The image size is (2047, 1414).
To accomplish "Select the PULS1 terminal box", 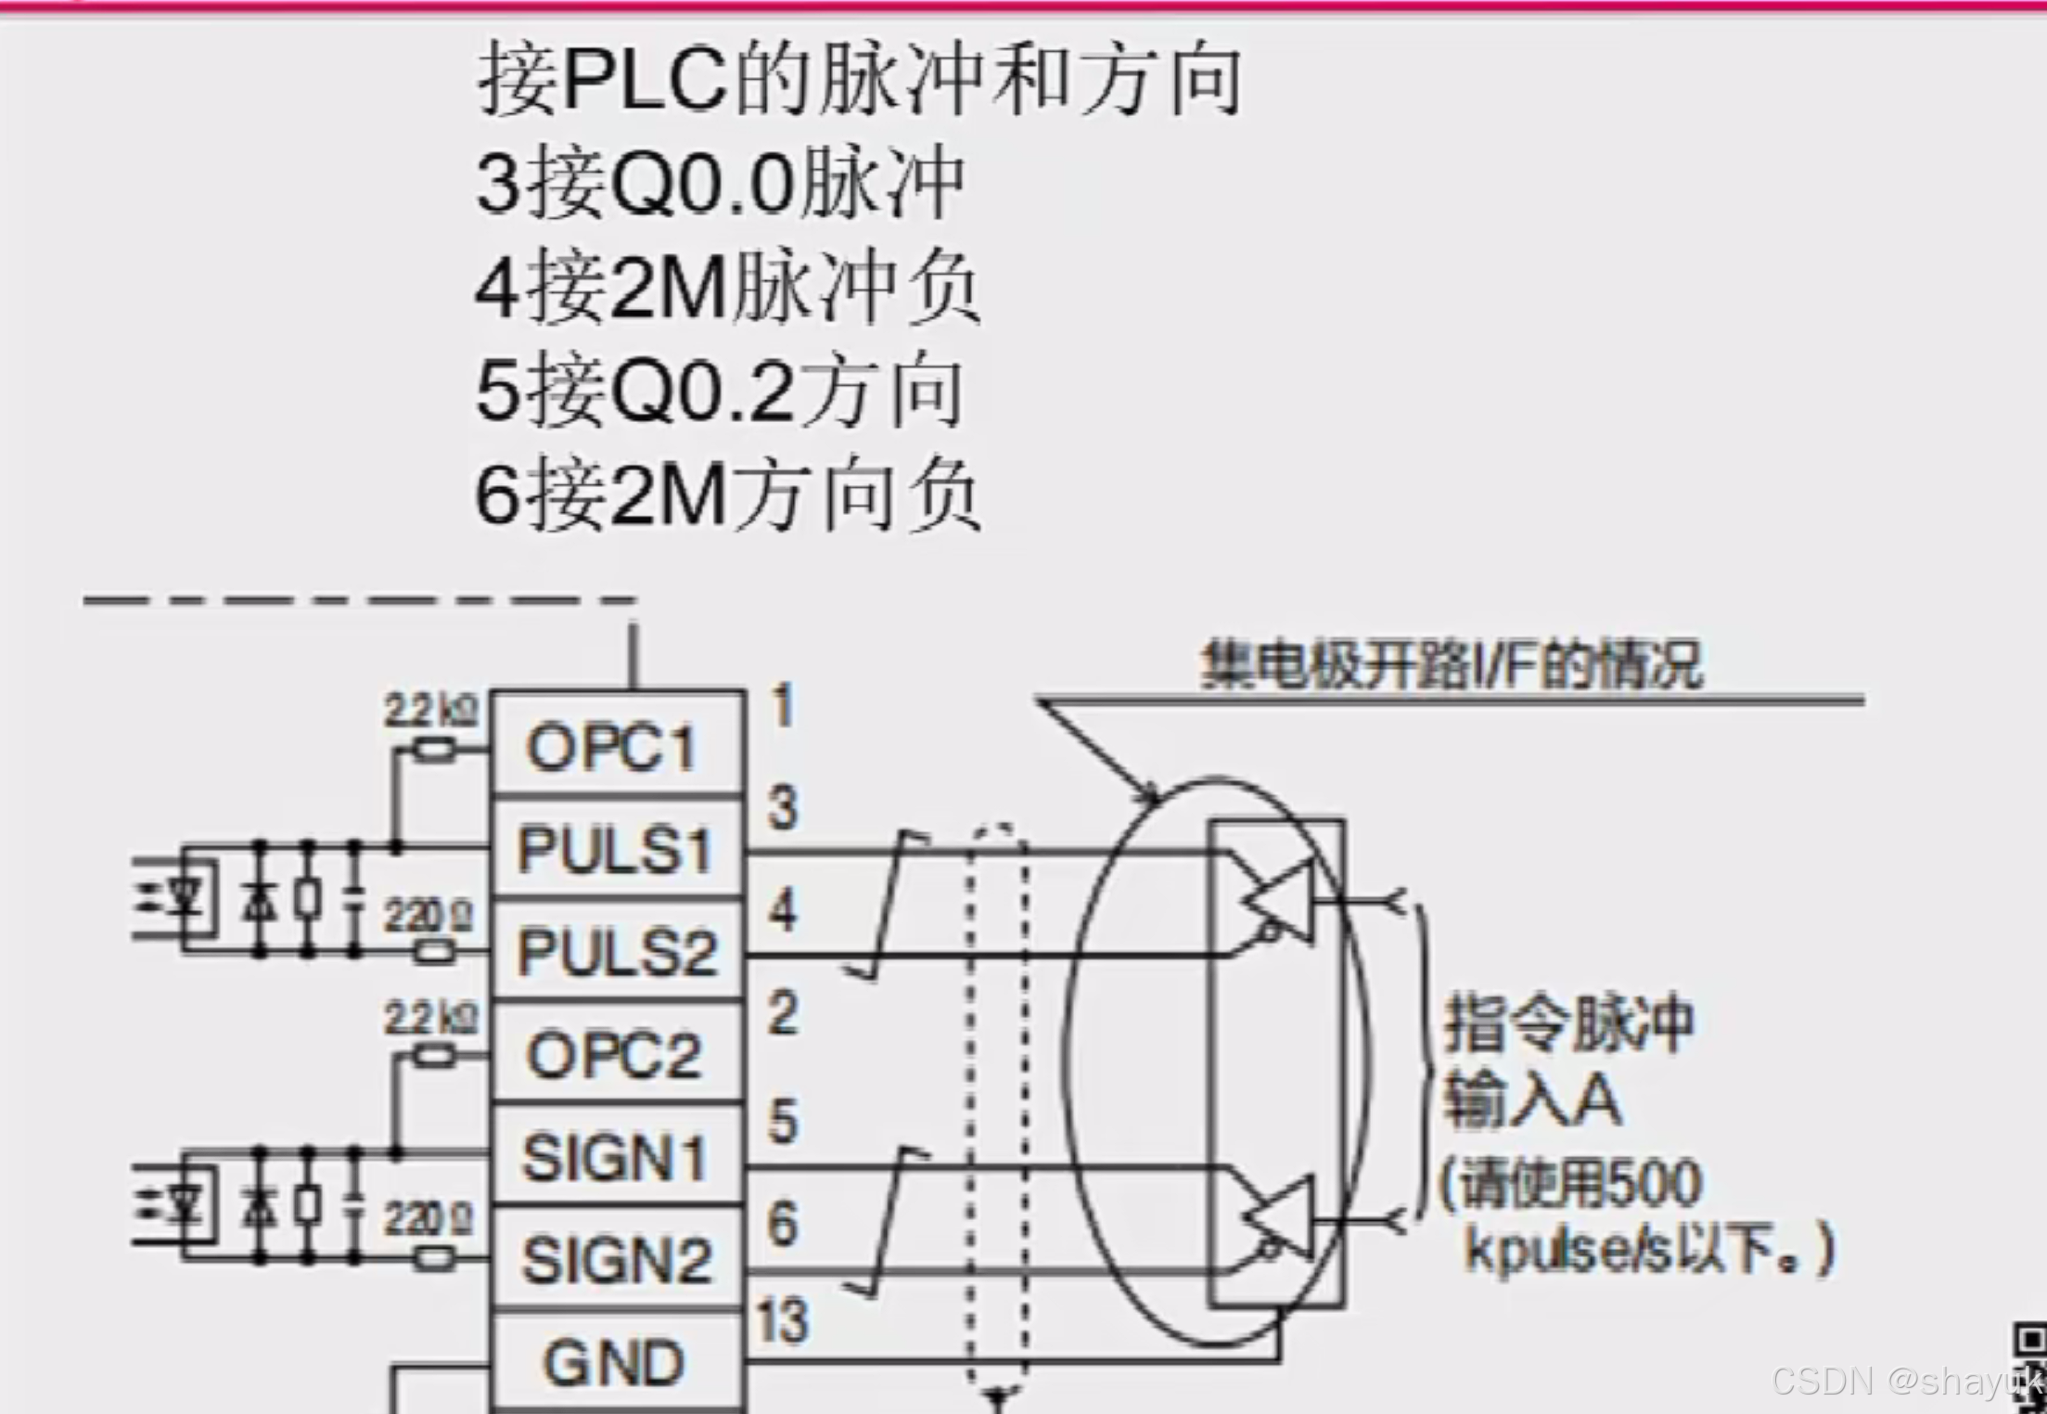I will (x=616, y=849).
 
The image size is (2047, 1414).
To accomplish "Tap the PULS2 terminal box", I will (x=616, y=951).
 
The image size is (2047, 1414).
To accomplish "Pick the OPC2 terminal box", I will (x=616, y=1054).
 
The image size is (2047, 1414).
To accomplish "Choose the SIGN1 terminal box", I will (x=616, y=1157).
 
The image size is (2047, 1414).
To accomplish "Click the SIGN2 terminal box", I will (x=616, y=1259).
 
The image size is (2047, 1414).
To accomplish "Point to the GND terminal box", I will (x=616, y=1362).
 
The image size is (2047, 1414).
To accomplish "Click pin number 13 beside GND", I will (x=781, y=1320).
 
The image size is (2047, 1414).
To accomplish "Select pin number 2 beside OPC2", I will (x=783, y=1012).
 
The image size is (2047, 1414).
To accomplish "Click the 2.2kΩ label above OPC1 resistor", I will (x=431, y=712).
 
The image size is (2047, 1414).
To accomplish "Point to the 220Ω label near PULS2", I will (x=429, y=918).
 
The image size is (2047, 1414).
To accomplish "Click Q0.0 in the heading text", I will (x=702, y=185).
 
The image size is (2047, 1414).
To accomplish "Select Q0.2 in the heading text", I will (x=702, y=392).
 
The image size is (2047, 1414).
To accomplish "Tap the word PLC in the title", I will (x=644, y=80).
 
